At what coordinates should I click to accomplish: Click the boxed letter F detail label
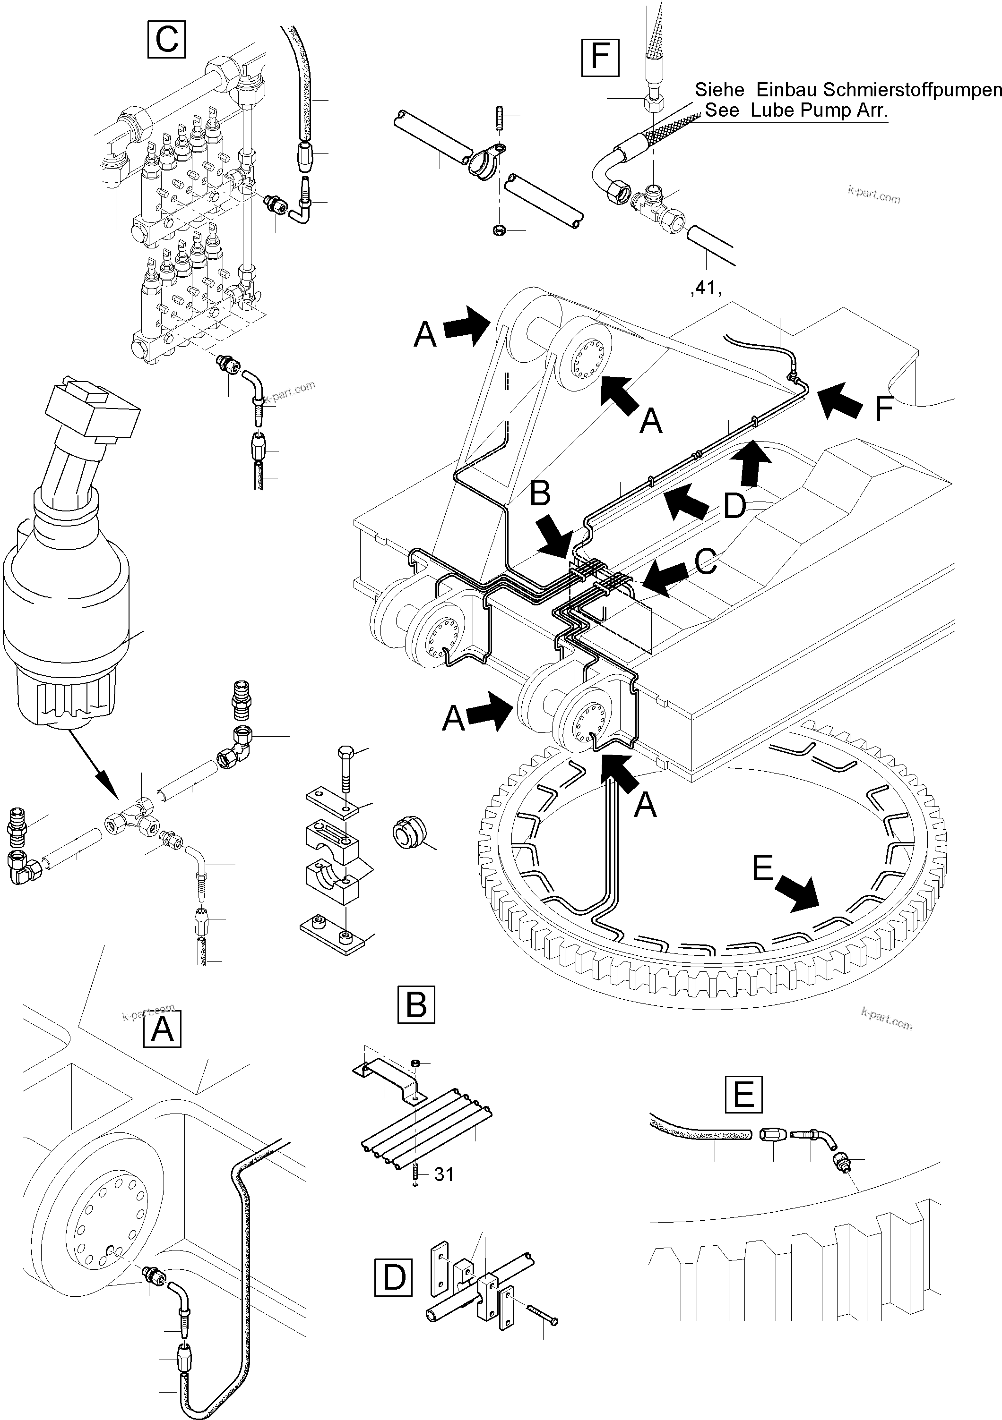pos(600,56)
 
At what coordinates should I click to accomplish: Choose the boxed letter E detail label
pos(743,1094)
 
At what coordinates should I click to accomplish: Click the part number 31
pos(444,1174)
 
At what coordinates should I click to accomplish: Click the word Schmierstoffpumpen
pos(912,90)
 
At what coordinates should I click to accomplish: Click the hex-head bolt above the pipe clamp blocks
pos(346,770)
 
